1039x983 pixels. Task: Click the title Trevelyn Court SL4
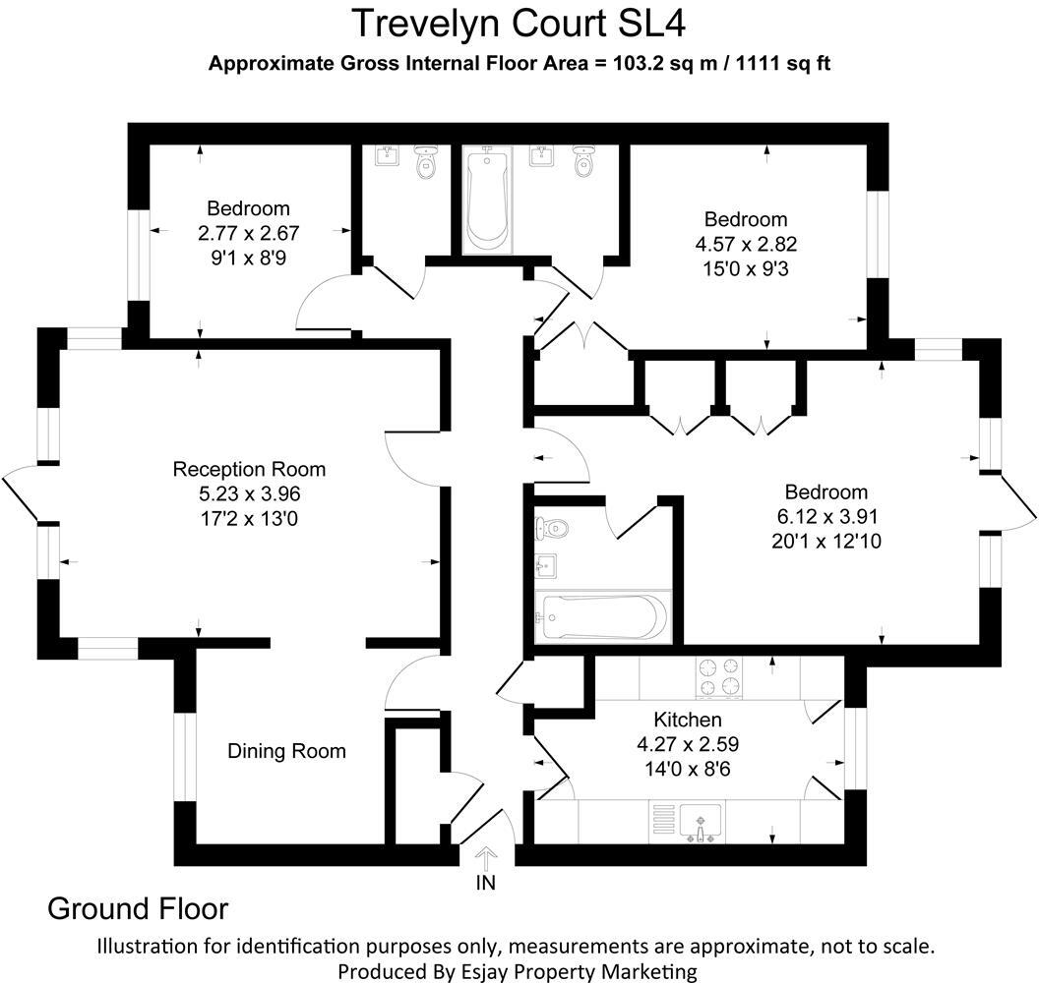[519, 22]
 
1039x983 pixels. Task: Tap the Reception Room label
[249, 469]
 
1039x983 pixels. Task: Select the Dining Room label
[286, 752]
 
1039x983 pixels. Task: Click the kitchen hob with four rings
[720, 676]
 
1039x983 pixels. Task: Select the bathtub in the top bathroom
[487, 200]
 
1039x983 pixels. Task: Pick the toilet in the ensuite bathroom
[551, 529]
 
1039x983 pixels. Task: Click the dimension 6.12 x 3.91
[825, 516]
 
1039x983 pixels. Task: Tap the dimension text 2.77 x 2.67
[248, 234]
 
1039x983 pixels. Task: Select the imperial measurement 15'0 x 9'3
[745, 266]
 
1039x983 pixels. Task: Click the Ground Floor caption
[138, 908]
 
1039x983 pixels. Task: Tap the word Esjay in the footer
[497, 971]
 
